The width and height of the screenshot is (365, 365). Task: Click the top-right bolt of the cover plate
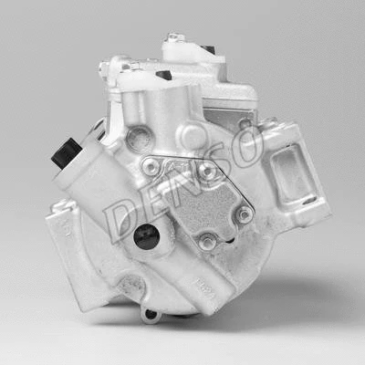207,170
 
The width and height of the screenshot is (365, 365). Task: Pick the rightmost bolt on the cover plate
244,214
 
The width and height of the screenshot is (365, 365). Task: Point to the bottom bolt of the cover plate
208,242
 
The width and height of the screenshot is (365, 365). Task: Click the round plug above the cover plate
139,140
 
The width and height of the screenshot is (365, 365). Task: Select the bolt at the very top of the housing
174,38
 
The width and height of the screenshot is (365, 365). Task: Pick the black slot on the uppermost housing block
209,48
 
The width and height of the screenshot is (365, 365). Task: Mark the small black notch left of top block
163,75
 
